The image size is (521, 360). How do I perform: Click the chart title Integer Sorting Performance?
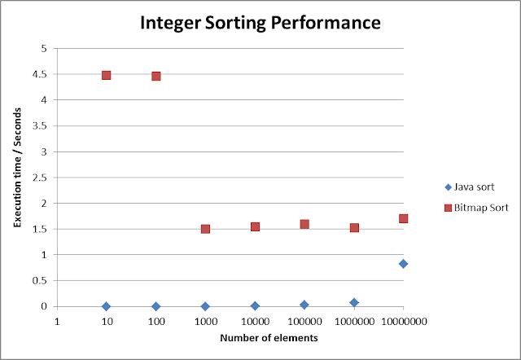[x=260, y=22]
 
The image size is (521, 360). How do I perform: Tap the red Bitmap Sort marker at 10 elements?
[x=106, y=75]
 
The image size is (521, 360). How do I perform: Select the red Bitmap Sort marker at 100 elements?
[x=156, y=76]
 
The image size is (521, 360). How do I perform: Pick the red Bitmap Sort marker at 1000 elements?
[x=205, y=229]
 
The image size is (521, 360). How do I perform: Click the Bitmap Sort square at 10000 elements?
[x=255, y=226]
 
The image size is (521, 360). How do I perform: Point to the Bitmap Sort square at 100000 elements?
[x=304, y=224]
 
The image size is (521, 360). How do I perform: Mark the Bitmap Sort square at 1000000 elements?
[x=354, y=227]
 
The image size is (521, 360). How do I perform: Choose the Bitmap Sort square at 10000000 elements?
[x=403, y=218]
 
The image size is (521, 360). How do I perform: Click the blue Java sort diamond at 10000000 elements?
[x=403, y=263]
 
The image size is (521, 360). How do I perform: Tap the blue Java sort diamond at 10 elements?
[x=106, y=306]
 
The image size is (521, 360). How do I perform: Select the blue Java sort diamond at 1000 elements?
[x=205, y=306]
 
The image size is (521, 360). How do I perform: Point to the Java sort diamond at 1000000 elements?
[x=354, y=302]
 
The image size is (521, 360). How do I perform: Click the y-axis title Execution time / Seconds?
[x=18, y=176]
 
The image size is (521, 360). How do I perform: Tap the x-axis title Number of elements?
[x=230, y=337]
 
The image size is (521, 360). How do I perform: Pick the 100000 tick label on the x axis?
[x=304, y=321]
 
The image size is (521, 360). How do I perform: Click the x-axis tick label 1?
[x=57, y=321]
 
